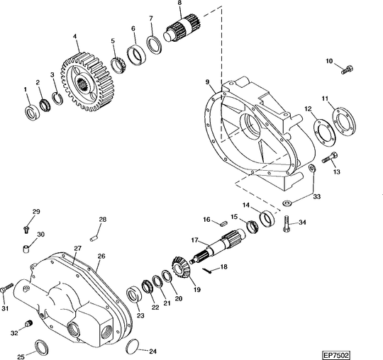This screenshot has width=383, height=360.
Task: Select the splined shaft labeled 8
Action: (x=182, y=28)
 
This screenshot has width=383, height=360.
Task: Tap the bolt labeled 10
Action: (x=347, y=70)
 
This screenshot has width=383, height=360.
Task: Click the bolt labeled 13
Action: (x=330, y=157)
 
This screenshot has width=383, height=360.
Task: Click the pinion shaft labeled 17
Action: (x=218, y=247)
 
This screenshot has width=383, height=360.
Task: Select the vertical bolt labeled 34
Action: (x=287, y=223)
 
